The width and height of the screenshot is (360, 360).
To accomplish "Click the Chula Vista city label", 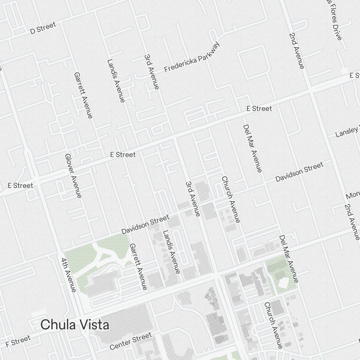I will click(75, 325).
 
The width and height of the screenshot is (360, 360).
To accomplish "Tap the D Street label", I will click(43, 28).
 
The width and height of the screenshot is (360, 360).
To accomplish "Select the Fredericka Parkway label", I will click(192, 58).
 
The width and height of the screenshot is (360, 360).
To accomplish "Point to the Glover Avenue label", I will click(73, 176).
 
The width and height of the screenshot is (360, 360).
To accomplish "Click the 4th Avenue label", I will click(68, 275).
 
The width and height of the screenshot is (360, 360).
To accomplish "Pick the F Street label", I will click(18, 341).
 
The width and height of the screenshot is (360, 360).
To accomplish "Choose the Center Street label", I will click(131, 342).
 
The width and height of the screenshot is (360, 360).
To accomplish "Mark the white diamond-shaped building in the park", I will click(283, 284).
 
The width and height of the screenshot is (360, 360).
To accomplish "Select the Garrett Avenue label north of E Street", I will click(83, 95).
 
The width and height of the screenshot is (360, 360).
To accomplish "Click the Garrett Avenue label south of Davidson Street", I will click(139, 266).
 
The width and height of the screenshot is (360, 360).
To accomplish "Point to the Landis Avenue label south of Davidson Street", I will click(171, 252).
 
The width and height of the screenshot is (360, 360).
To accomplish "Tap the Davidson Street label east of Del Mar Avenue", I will click(299, 172).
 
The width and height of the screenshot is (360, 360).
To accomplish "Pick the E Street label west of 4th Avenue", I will click(21, 186).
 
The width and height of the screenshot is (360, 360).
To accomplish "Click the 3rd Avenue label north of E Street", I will click(151, 72).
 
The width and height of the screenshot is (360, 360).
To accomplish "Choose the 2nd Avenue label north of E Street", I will click(296, 50).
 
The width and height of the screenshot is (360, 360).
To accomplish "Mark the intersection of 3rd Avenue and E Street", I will click(174, 138).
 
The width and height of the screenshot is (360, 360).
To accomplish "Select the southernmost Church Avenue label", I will click(273, 325).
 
